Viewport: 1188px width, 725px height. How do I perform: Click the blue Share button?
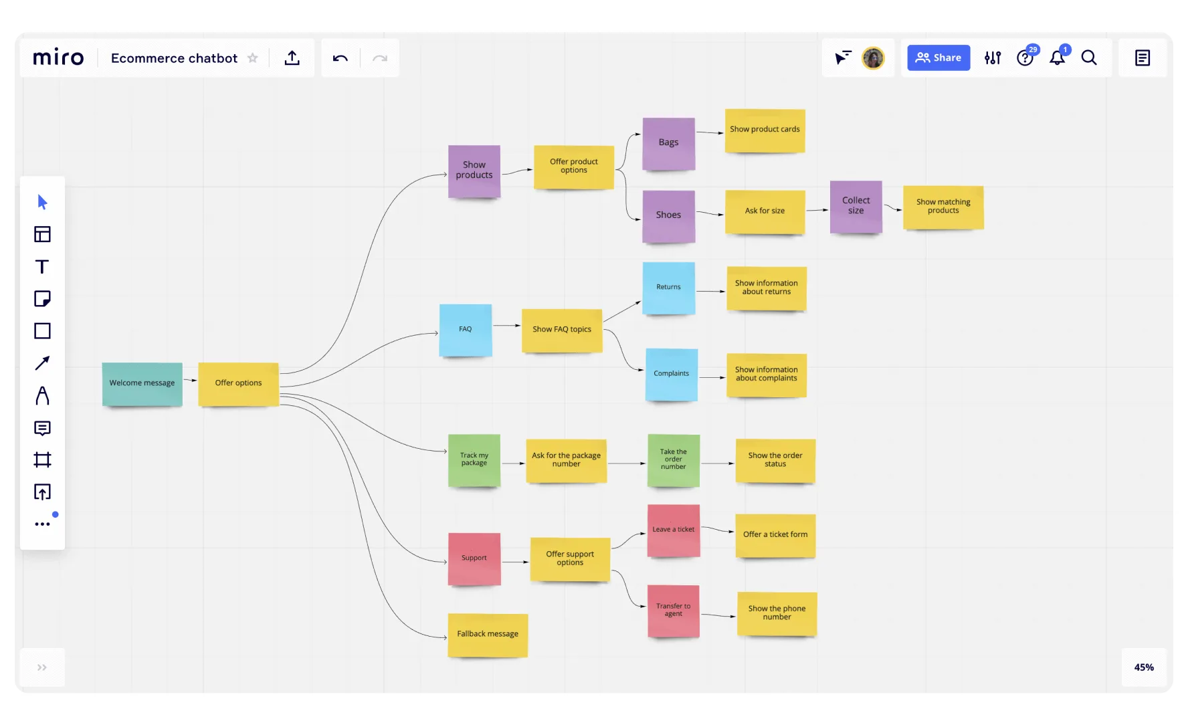tap(938, 58)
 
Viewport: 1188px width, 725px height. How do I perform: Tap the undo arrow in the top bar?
tap(340, 58)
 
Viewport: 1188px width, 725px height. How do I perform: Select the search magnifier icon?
tap(1089, 58)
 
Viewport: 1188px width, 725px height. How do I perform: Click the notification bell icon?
tap(1058, 58)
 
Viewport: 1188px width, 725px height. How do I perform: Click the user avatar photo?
tap(873, 58)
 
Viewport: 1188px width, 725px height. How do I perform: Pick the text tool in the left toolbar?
tap(42, 267)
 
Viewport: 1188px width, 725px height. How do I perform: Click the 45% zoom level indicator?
tap(1144, 667)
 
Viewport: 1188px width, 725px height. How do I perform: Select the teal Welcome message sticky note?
tap(142, 383)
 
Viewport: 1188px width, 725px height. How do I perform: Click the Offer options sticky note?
tap(238, 383)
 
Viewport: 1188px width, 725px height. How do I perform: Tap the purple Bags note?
tap(668, 143)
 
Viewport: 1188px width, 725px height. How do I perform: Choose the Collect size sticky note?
tap(856, 206)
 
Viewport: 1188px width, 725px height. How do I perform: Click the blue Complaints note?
tap(672, 375)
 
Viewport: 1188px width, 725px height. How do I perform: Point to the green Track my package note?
tap(474, 460)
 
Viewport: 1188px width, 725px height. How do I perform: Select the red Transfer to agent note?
tap(674, 611)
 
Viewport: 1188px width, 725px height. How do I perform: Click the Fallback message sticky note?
tap(488, 634)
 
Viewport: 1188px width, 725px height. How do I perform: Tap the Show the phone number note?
tap(777, 613)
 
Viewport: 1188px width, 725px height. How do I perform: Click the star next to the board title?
tap(253, 58)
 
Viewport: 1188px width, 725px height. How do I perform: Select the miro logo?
tap(58, 58)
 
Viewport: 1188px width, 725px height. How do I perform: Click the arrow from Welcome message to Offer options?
tap(190, 380)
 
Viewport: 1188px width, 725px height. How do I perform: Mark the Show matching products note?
tap(943, 207)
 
